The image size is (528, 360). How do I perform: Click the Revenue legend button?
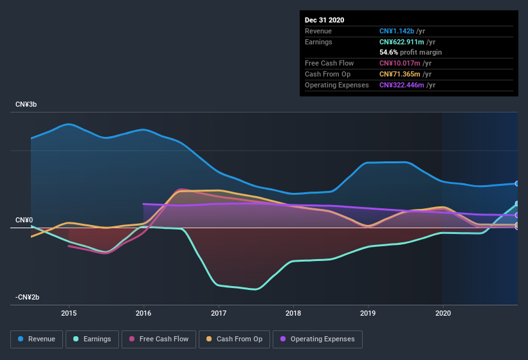pyautogui.click(x=37, y=339)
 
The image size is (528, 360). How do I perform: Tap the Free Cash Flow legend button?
pyautogui.click(x=159, y=339)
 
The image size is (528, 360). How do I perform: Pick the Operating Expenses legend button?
pyautogui.click(x=317, y=339)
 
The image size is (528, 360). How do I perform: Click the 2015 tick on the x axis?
pyautogui.click(x=69, y=314)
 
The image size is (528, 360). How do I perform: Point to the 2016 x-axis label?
pyautogui.click(x=143, y=314)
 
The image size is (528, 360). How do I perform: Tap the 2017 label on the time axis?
pyautogui.click(x=219, y=314)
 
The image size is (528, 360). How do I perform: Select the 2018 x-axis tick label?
pyautogui.click(x=293, y=314)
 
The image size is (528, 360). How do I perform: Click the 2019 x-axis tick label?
pyautogui.click(x=368, y=314)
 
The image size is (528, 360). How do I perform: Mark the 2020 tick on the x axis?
pyautogui.click(x=443, y=314)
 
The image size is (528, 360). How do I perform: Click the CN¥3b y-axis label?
pyautogui.click(x=26, y=104)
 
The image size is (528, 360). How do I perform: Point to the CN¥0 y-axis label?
pyautogui.click(x=24, y=221)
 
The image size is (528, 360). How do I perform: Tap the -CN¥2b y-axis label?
pyautogui.click(x=28, y=297)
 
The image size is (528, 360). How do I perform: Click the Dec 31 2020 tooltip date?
pyautogui.click(x=325, y=20)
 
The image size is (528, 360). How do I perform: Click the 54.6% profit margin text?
pyautogui.click(x=410, y=52)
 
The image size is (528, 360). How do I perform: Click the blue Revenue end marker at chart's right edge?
pyautogui.click(x=517, y=184)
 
